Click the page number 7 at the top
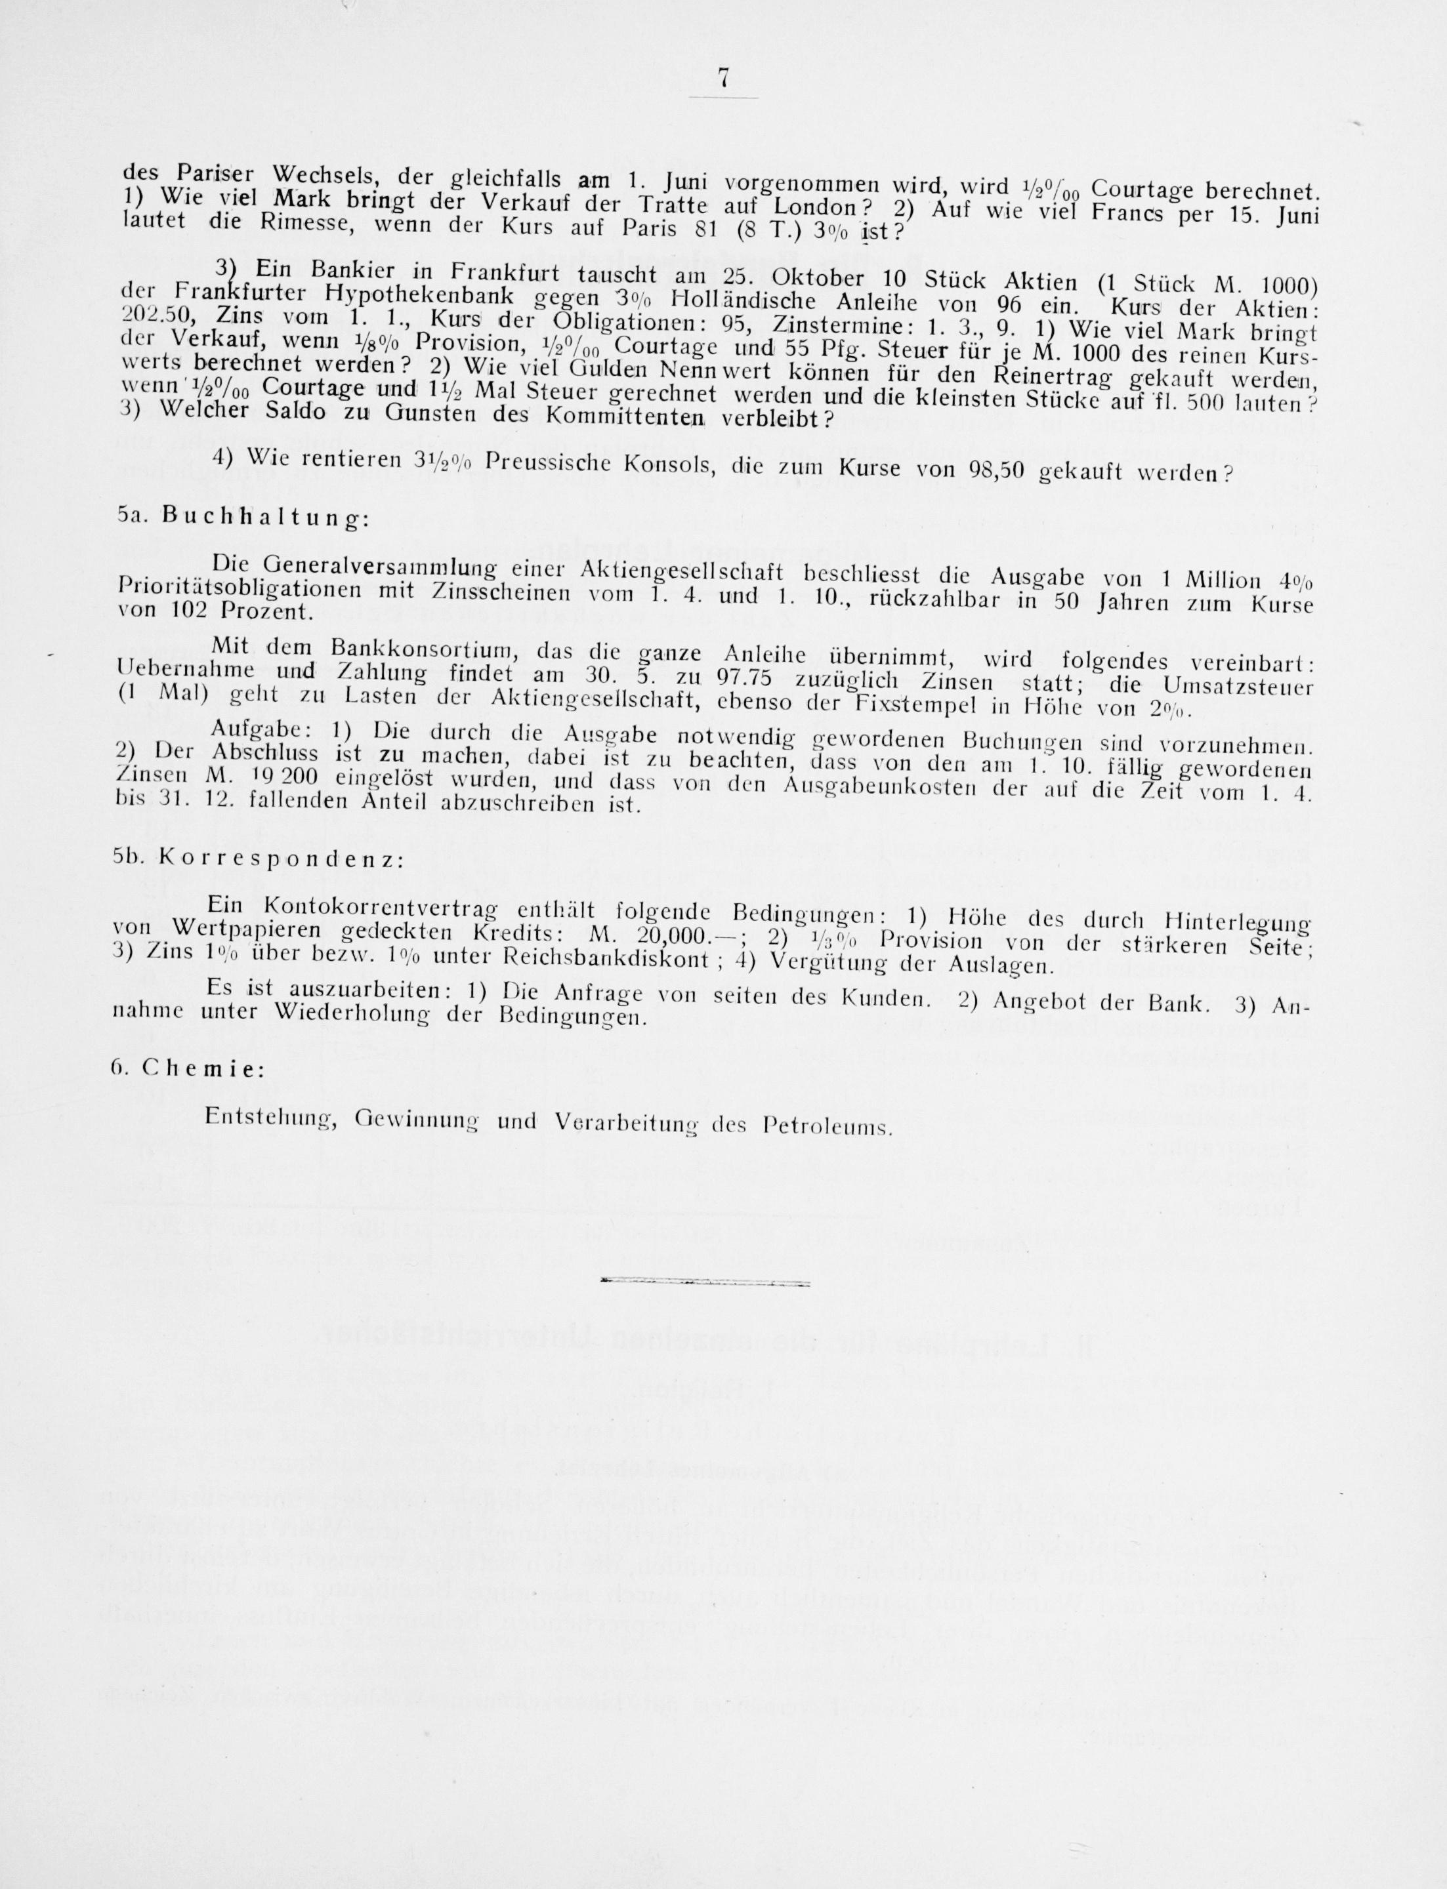click(723, 78)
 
